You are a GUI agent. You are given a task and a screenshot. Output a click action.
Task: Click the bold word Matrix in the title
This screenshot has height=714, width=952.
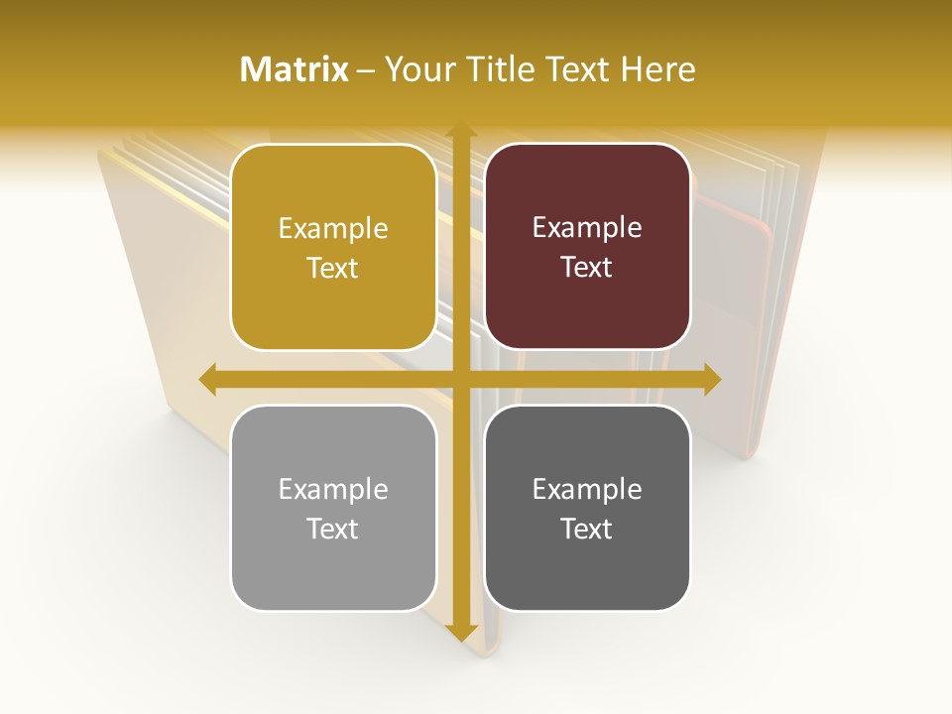pyautogui.click(x=295, y=69)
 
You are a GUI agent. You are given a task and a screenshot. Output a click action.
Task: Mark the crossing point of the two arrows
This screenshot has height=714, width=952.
pyautogui.click(x=460, y=379)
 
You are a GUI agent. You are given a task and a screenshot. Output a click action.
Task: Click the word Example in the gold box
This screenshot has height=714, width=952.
pyautogui.click(x=333, y=229)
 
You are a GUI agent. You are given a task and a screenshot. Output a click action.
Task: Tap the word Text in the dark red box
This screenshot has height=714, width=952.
pyautogui.click(x=587, y=268)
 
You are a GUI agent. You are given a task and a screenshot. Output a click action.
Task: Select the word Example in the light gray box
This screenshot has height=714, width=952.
pyautogui.click(x=333, y=490)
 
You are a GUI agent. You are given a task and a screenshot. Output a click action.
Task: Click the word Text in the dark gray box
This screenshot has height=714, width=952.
pyautogui.click(x=587, y=529)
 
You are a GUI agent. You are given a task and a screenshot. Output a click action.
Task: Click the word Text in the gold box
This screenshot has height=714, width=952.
pyautogui.click(x=333, y=268)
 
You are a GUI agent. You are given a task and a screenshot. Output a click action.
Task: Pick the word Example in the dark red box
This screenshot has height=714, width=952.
pyautogui.click(x=587, y=228)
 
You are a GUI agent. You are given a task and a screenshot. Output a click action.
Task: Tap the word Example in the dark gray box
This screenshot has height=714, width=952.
pyautogui.click(x=587, y=490)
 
